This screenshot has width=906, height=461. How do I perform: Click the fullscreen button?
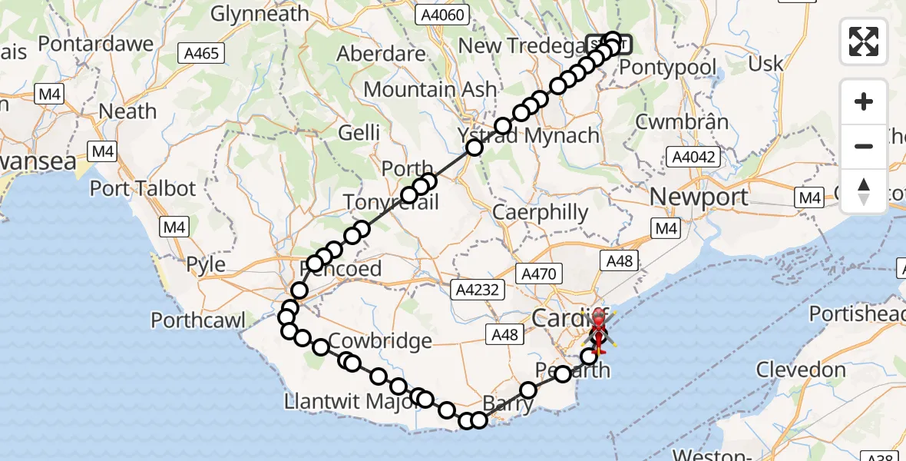864,41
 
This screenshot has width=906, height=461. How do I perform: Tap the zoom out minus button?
864,146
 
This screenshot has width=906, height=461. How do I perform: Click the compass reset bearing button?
864,191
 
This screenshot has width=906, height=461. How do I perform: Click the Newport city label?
699,197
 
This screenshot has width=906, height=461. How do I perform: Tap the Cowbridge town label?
381,341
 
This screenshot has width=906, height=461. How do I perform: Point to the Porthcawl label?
198,320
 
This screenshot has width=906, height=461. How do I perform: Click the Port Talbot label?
143,188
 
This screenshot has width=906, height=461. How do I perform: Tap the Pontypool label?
667,67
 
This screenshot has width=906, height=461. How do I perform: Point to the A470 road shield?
541,273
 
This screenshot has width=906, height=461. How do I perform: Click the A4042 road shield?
693,158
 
